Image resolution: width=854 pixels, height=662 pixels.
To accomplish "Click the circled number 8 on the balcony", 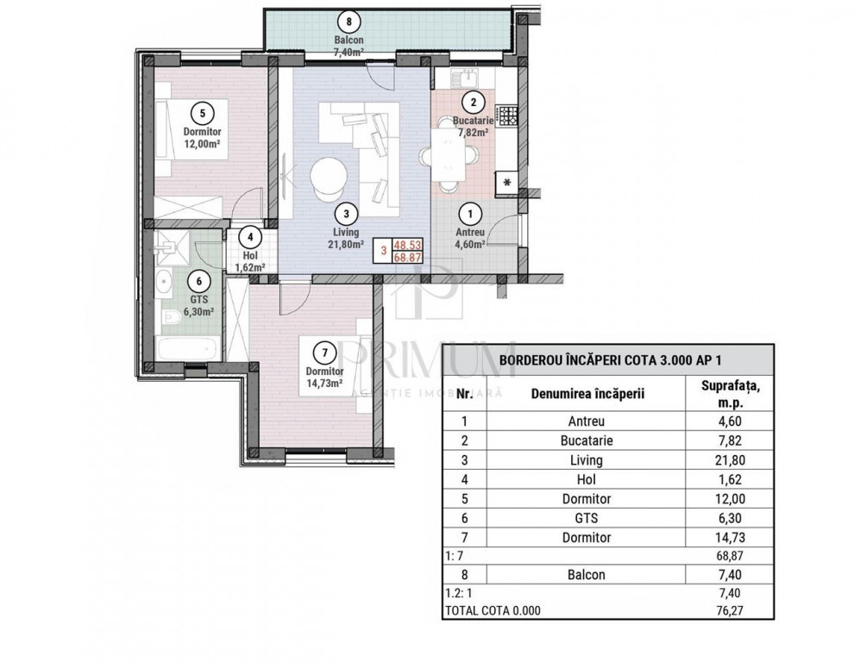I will point(348,21).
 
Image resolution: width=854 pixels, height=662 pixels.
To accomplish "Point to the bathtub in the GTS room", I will point(185,349).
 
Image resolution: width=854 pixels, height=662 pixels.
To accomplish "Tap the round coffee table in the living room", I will point(328,177).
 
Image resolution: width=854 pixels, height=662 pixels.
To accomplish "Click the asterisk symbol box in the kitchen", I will point(507,182).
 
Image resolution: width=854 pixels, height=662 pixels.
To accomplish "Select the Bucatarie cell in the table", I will point(587,440).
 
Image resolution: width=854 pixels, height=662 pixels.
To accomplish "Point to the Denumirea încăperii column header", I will point(587,394).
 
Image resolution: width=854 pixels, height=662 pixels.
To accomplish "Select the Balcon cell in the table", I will point(587,574).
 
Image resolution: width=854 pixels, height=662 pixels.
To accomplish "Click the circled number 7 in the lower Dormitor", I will point(323,352).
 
